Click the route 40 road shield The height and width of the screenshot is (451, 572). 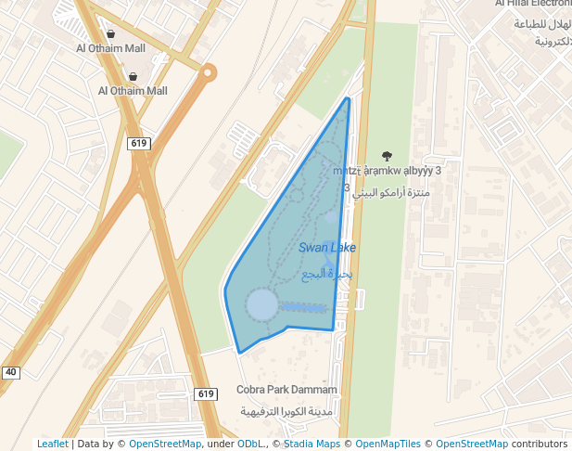[10, 372]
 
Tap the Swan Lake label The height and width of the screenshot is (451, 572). [327, 248]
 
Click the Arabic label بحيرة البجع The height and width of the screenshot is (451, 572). [328, 275]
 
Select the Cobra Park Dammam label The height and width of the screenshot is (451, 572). [286, 390]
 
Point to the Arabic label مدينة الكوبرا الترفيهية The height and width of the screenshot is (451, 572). [286, 411]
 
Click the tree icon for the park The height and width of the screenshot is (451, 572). [387, 156]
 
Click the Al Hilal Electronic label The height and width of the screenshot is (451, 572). [532, 4]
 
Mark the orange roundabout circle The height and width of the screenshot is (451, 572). [209, 71]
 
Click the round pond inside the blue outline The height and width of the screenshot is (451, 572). [262, 303]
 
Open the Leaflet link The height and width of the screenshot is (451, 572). [53, 444]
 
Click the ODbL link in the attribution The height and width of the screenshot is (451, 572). [251, 444]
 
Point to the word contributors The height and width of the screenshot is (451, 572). [540, 444]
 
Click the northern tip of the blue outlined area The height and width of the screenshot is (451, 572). [348, 97]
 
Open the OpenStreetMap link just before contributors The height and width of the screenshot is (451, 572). [472, 444]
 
